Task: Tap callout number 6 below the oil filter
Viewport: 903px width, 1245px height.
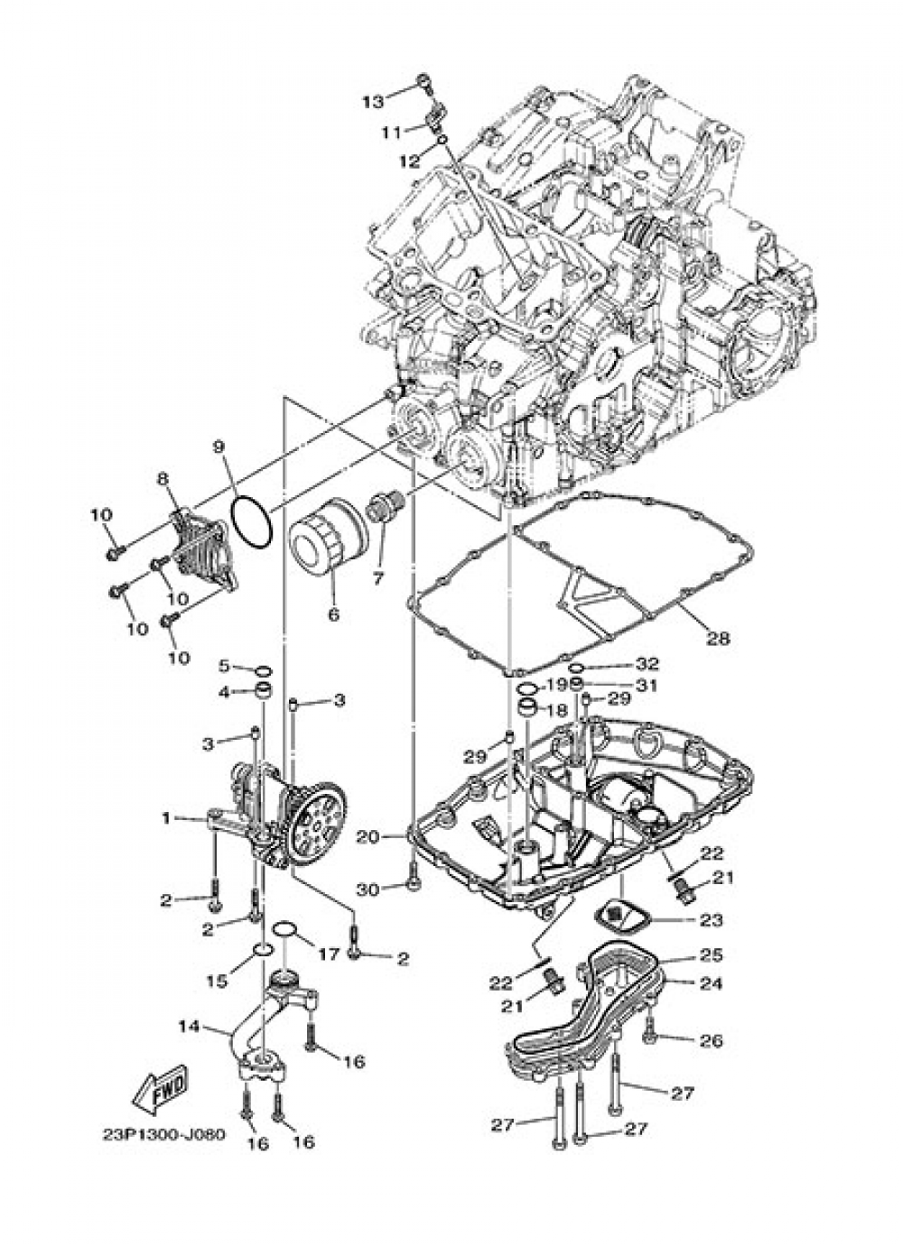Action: tap(333, 614)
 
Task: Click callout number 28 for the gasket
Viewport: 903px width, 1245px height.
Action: tap(718, 638)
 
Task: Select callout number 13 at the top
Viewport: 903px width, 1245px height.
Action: tap(373, 101)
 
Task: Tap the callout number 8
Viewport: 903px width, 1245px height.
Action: tap(163, 478)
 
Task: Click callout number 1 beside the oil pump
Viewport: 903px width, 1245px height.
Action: tap(166, 818)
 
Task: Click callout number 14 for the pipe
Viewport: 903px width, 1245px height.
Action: tap(188, 1026)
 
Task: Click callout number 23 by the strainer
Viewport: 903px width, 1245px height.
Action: tap(712, 920)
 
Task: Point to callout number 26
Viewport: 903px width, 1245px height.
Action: tap(712, 1040)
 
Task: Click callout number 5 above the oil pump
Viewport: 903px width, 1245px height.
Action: tap(224, 667)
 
